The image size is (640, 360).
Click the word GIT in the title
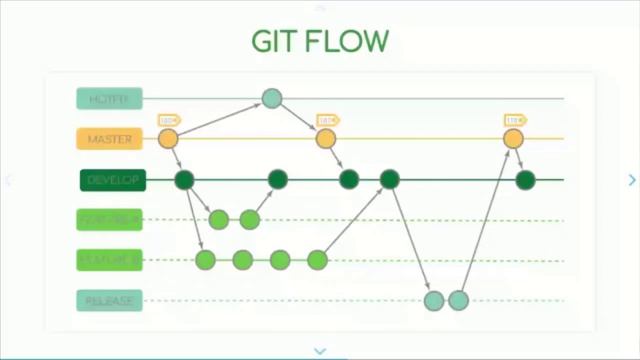pos(276,42)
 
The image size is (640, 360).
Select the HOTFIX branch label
pos(110,98)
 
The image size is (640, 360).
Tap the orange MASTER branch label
pos(110,139)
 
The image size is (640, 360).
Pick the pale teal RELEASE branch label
pos(110,300)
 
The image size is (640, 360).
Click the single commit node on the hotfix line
pos(272,98)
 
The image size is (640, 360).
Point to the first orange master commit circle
pos(168,139)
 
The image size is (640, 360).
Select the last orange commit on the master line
pos(513,139)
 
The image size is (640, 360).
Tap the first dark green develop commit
pos(184,180)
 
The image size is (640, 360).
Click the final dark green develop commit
pos(525,180)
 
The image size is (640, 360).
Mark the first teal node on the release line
pos(433,300)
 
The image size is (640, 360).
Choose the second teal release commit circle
pos(458,300)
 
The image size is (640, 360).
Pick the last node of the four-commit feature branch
pos(317,260)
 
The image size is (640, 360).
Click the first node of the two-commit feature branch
pos(219,219)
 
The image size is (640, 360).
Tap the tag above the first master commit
pos(167,120)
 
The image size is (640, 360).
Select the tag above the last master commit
pos(514,120)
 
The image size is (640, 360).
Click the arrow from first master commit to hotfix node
pos(220,118)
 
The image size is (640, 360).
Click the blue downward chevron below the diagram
pos(320,351)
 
